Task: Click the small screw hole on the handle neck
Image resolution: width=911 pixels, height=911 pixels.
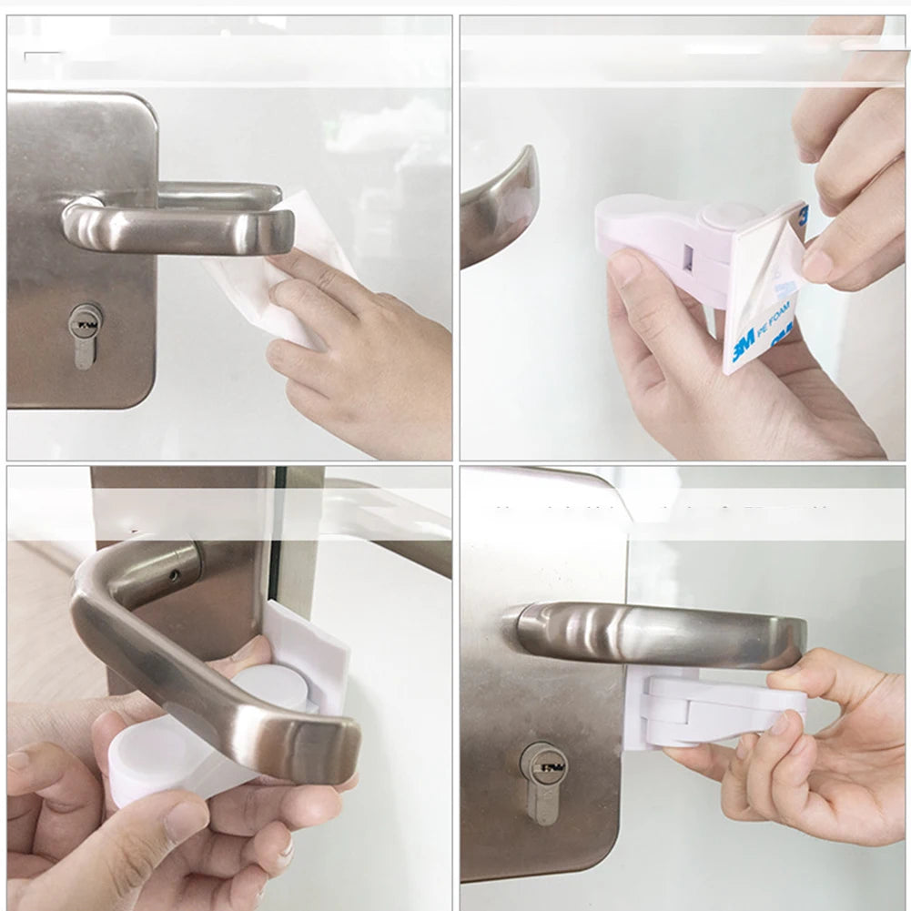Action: coord(174,576)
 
